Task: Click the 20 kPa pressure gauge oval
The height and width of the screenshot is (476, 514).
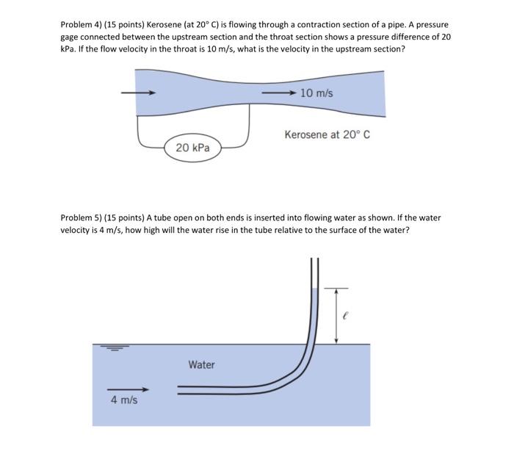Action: (x=193, y=148)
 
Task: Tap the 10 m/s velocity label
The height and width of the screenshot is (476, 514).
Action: (x=316, y=93)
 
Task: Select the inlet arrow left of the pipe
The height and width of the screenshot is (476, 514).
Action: (x=138, y=93)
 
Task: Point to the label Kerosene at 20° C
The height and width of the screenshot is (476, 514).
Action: (x=327, y=135)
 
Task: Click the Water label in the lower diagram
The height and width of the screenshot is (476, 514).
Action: (x=201, y=364)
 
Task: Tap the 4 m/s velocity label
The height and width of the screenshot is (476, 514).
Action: (x=124, y=400)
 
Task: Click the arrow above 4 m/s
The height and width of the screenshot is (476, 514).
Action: (x=128, y=389)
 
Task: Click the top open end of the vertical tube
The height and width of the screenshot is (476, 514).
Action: (x=315, y=262)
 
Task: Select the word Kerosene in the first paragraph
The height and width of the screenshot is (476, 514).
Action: (x=166, y=25)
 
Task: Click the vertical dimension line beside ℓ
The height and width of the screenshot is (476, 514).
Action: (x=336, y=315)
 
